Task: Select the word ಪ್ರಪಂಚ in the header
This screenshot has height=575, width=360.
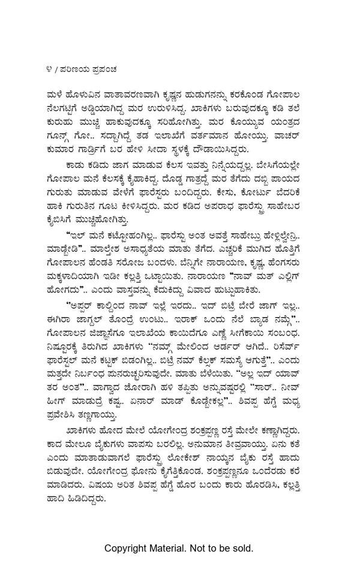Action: [x=103, y=69]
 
